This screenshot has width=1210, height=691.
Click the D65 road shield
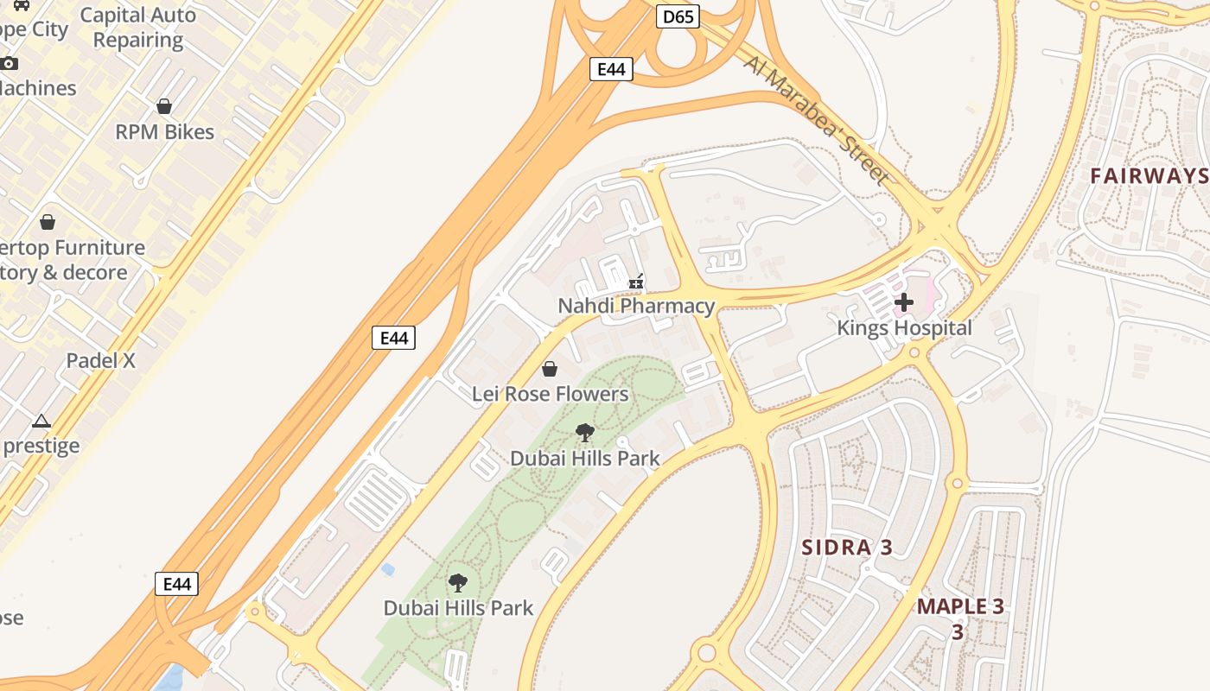pos(678,16)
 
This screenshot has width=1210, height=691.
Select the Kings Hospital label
pos(904,328)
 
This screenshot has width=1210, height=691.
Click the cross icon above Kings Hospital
pos(904,302)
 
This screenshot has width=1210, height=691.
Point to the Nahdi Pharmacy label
pos(636,306)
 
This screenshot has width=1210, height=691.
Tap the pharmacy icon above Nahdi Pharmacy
pos(636,282)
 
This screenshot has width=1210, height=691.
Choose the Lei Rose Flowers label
pos(550,394)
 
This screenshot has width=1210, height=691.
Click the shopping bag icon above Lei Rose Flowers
pos(550,370)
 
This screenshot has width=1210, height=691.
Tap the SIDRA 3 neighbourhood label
pos(847,547)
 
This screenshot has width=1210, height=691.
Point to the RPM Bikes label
pos(164,132)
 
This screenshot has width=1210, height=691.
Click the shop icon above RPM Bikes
pos(164,106)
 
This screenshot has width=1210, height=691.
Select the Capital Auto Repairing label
pos(138,28)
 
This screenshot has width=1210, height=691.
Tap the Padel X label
pos(101,360)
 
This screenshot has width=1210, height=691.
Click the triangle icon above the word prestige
pos(41,422)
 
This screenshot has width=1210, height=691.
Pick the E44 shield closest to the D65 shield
pos(611,69)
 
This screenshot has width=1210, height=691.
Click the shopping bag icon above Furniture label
pos(48,222)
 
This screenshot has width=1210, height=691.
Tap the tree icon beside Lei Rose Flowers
pos(585,433)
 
